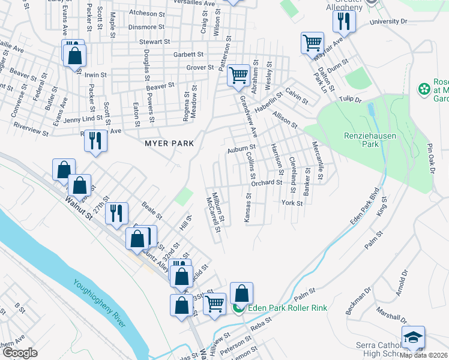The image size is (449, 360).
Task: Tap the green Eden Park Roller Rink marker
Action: pos(238,308)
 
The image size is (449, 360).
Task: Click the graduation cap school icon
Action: pos(413,338)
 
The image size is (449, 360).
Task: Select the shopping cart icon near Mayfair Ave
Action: pos(312,43)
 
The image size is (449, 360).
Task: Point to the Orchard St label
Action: pos(267,182)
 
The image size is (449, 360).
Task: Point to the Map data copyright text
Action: pos(423,355)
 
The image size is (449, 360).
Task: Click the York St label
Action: pos(292,203)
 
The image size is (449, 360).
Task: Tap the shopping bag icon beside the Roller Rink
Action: pos(241,293)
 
